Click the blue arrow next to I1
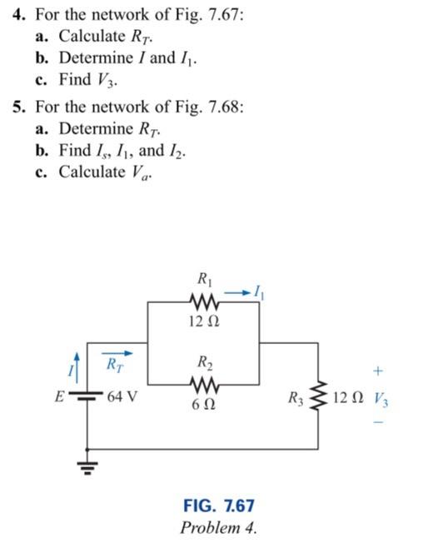(236, 291)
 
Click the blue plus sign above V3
(379, 367)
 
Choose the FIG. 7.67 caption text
(219, 506)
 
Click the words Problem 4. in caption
(219, 527)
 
